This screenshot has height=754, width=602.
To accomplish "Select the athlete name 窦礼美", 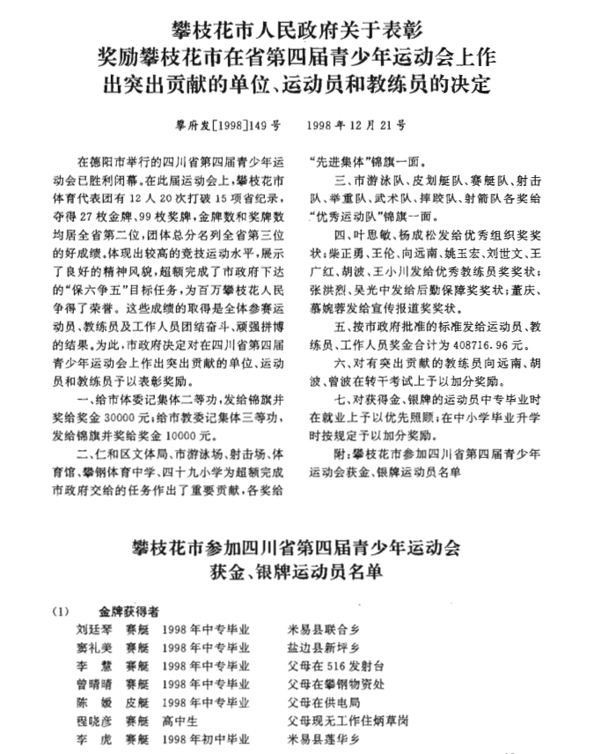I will [x=94, y=647].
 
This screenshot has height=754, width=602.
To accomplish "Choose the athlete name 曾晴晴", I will [x=94, y=684].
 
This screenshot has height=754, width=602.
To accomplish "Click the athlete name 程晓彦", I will [x=94, y=720].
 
